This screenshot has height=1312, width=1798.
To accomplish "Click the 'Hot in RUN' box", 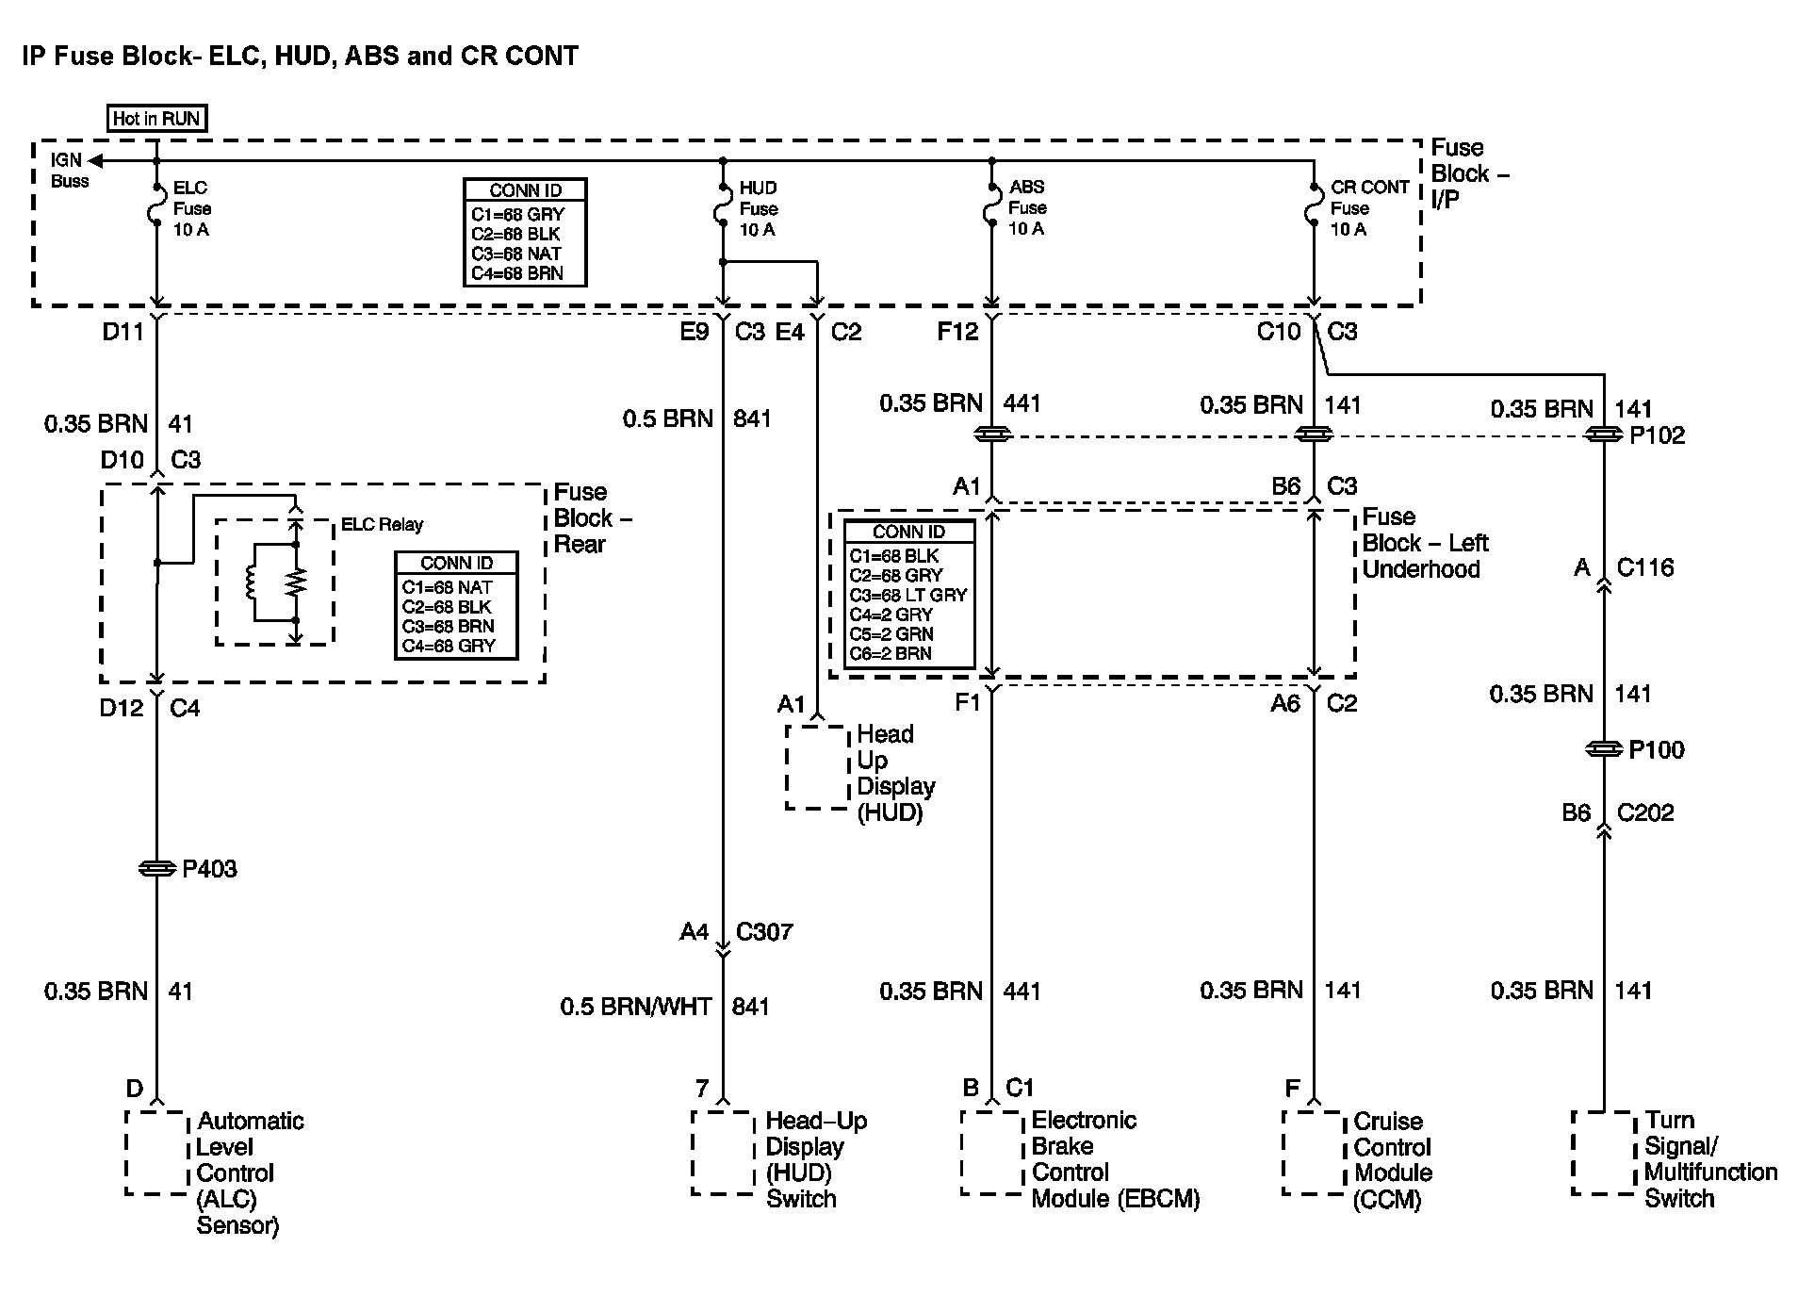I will [x=157, y=119].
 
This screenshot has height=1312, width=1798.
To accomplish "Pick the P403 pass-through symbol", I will [x=157, y=868].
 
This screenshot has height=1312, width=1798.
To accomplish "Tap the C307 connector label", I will [x=764, y=932].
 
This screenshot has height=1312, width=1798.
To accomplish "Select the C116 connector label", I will [x=1645, y=567].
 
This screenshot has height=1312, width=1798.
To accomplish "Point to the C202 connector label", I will [x=1645, y=812].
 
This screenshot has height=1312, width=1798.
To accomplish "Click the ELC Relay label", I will [x=382, y=525].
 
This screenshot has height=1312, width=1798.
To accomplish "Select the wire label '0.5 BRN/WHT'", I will [x=636, y=1008].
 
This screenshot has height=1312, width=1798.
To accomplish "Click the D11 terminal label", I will [x=123, y=332].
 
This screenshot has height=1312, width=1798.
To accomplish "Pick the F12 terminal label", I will [x=957, y=332].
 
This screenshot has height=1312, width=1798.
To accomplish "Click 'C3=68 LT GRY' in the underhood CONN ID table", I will [x=908, y=595].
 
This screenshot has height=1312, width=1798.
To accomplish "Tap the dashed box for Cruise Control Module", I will [x=1313, y=1153].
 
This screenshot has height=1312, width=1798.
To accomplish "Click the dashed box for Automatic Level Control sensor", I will [x=156, y=1153].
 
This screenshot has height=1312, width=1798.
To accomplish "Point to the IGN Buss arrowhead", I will [x=95, y=161].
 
